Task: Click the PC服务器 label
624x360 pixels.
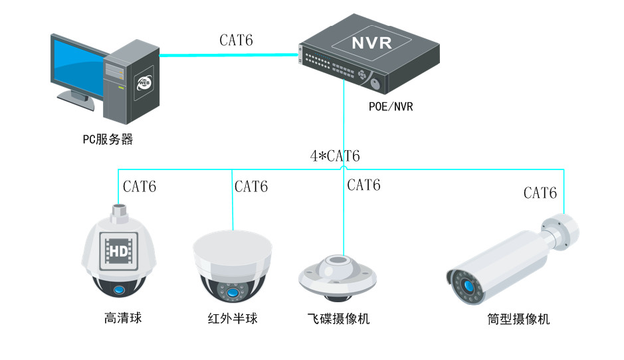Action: click(x=108, y=139)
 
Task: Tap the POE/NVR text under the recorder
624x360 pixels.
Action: click(x=391, y=106)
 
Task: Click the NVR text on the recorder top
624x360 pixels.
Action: click(x=371, y=44)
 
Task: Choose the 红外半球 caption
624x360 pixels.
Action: click(x=232, y=319)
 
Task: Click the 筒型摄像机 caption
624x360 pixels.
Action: click(x=518, y=319)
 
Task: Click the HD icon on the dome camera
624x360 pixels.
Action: click(x=118, y=251)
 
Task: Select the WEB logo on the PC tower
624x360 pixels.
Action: click(x=144, y=83)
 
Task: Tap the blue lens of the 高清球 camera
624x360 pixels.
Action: click(x=120, y=290)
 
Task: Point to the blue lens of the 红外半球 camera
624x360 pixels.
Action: click(x=232, y=293)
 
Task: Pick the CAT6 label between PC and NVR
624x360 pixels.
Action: click(x=236, y=41)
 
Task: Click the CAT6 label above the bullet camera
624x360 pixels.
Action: click(x=540, y=193)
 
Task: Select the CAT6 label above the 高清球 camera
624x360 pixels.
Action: click(x=140, y=187)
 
